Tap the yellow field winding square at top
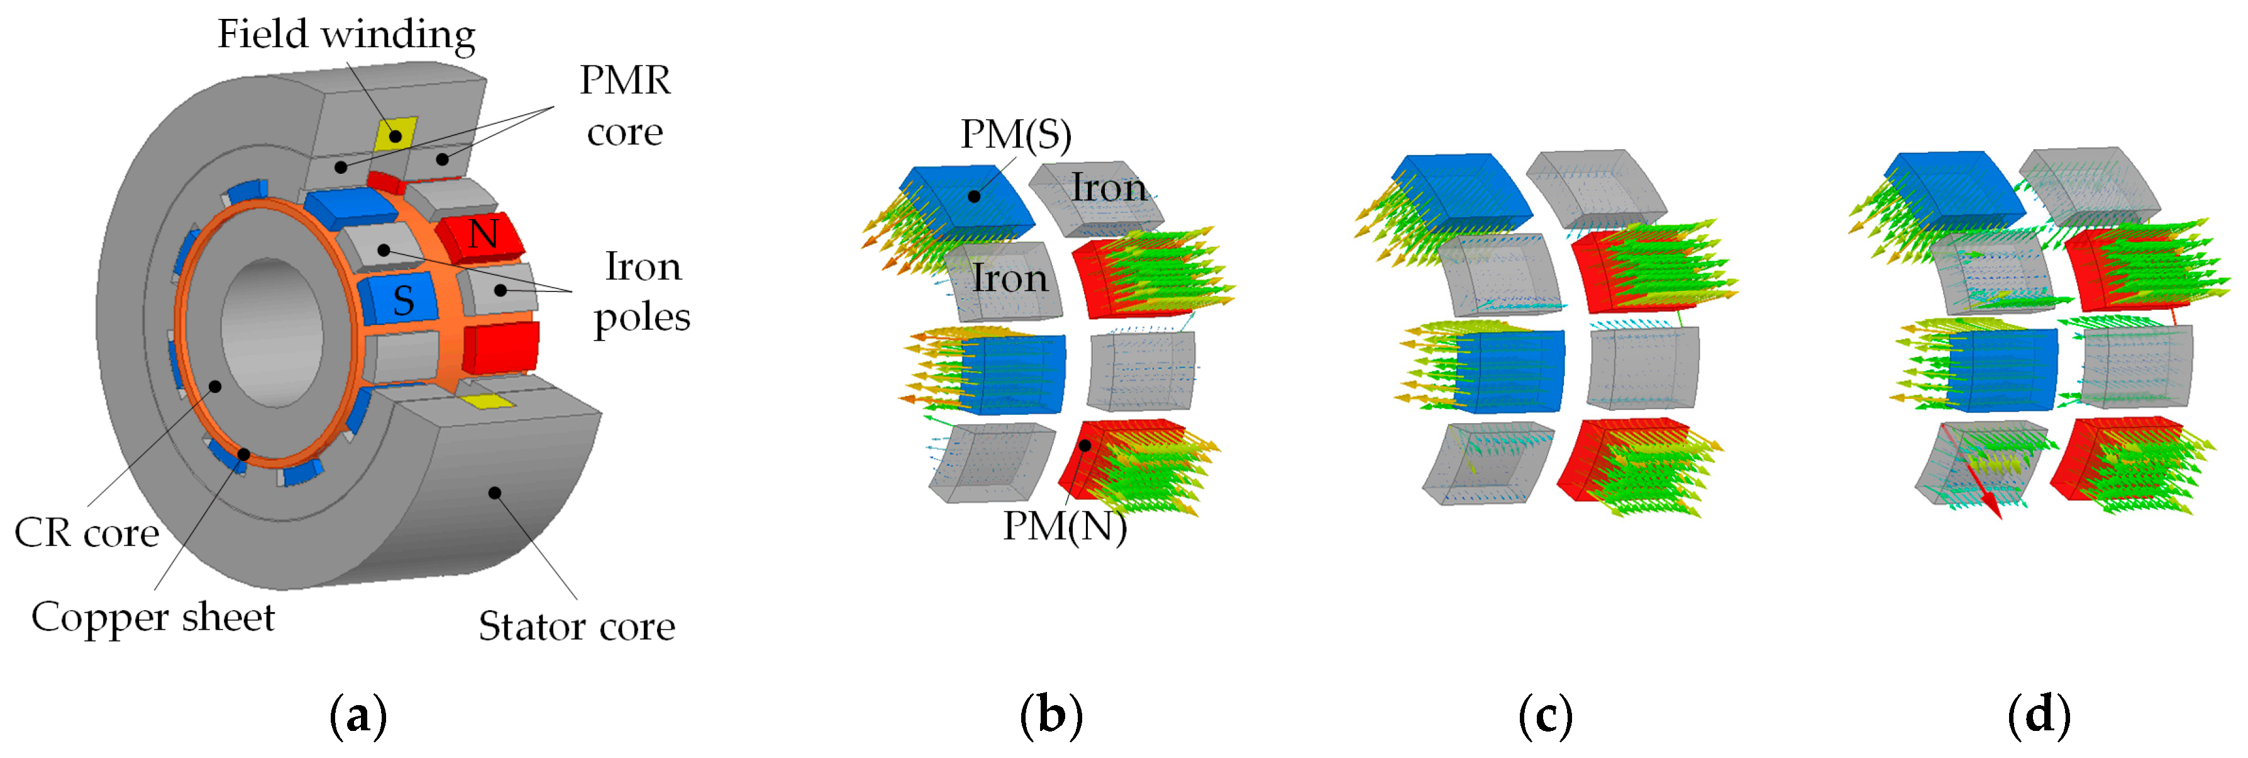396,135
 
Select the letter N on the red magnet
482,234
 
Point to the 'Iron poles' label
642,291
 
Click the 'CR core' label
86,533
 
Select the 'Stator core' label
576,627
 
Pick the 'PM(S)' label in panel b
1015,135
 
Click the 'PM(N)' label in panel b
1064,526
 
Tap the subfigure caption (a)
358,716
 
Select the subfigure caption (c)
1546,716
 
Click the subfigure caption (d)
2039,716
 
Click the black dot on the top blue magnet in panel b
974,196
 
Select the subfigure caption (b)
1051,716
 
